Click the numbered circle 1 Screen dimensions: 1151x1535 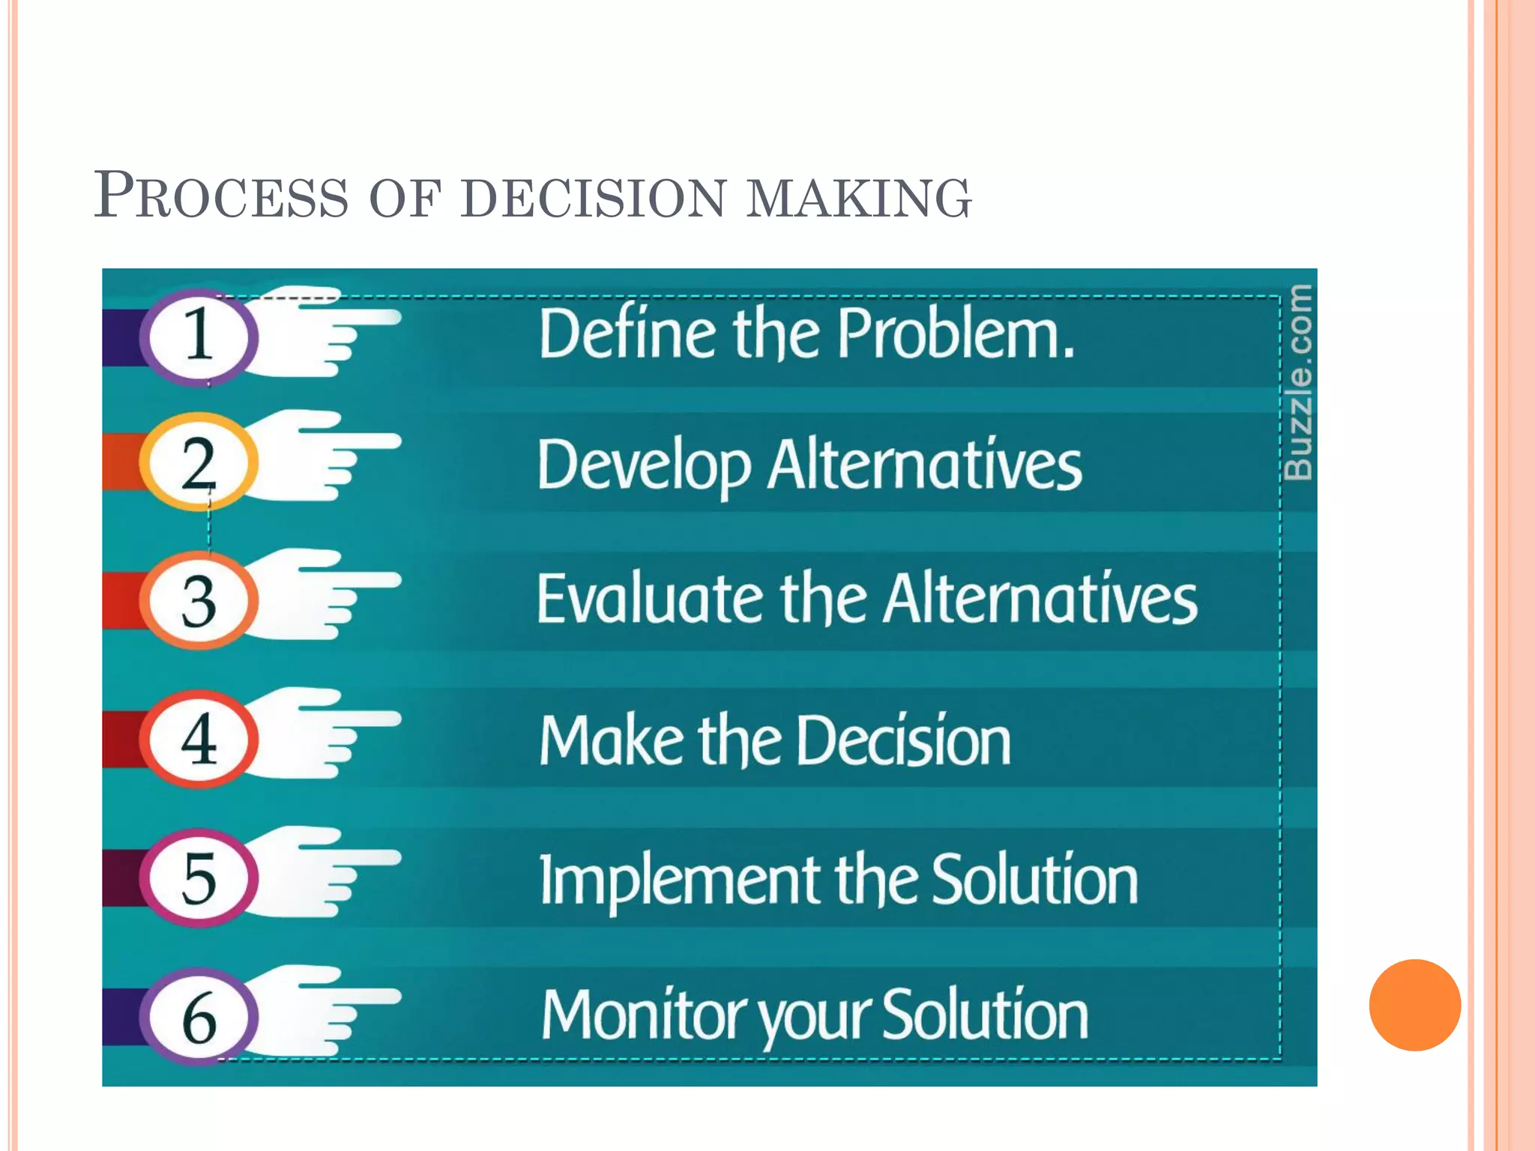(x=199, y=336)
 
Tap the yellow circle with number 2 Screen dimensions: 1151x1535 (x=199, y=462)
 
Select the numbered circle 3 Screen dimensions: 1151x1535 (x=199, y=601)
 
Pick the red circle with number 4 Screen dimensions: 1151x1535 (x=199, y=740)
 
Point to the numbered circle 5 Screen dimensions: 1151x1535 (x=199, y=877)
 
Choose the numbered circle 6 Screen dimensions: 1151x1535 (x=199, y=1017)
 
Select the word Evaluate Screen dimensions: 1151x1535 (x=649, y=599)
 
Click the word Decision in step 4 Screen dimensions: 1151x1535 (x=903, y=740)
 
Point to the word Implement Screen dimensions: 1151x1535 (x=678, y=881)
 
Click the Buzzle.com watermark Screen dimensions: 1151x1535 (x=1298, y=382)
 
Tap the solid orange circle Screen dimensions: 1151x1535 (x=1414, y=1005)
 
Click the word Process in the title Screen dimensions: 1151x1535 (x=221, y=196)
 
